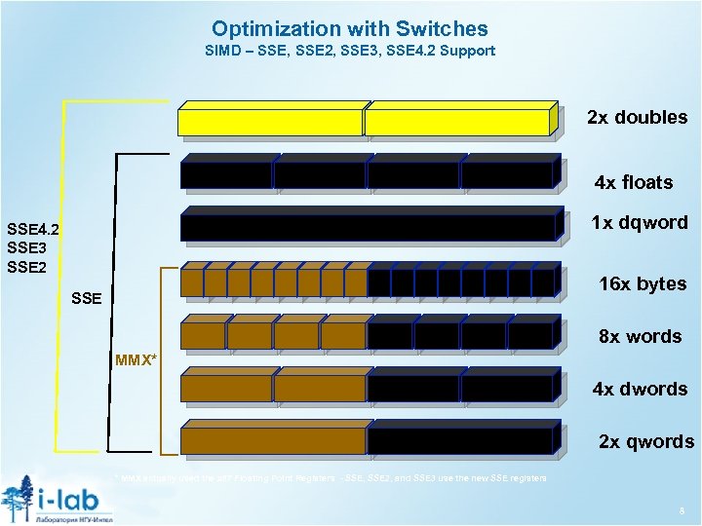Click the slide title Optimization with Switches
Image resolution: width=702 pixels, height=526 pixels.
coord(350,29)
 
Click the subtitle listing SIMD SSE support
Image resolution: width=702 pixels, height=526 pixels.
coord(350,51)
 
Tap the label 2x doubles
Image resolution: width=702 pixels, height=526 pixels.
coord(637,118)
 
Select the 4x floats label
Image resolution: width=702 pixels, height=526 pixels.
coord(634,182)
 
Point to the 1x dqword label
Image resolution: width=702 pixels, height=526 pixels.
coord(639,223)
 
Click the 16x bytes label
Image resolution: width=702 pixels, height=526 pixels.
coord(642,284)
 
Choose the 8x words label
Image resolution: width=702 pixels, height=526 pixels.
coord(640,337)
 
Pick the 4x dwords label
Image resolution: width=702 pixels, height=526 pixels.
coord(640,390)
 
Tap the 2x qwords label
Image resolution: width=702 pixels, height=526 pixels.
coord(645,442)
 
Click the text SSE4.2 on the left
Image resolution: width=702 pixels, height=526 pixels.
coord(33,230)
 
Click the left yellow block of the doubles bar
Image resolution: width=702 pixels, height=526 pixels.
coord(270,122)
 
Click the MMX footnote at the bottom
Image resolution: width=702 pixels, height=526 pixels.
coord(331,479)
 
